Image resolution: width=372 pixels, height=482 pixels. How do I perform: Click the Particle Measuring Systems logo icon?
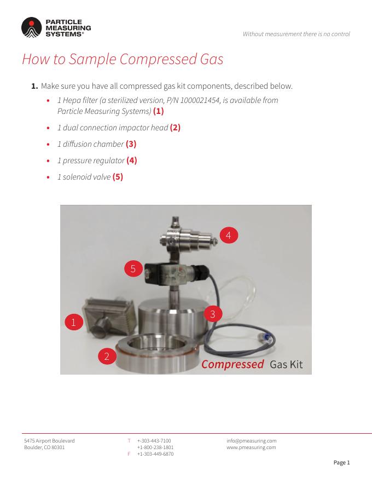[x=31, y=28]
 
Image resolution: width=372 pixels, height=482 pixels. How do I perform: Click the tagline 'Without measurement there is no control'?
[x=296, y=34]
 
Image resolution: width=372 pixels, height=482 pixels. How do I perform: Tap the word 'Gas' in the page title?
[x=212, y=59]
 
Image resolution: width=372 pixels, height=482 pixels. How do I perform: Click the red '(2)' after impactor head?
[x=175, y=128]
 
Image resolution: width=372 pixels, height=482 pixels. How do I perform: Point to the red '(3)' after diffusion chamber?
[x=131, y=144]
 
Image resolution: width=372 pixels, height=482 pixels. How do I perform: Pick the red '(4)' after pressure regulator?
[x=132, y=160]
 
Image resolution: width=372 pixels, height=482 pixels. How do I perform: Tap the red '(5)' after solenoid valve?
[x=118, y=177]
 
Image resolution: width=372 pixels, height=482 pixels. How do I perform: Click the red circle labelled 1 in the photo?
[x=74, y=322]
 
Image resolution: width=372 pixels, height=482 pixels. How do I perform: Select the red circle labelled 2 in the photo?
[x=107, y=356]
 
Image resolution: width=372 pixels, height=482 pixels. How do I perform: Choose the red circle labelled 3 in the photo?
[x=213, y=314]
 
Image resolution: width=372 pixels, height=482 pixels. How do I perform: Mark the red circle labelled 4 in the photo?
[x=228, y=236]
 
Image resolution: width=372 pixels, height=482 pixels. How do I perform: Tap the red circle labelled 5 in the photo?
[x=133, y=269]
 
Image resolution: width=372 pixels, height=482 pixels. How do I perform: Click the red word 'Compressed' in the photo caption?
[x=233, y=364]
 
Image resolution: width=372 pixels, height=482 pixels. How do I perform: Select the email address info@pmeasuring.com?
[x=252, y=441]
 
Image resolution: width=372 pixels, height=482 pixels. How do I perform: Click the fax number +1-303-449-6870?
[x=155, y=454]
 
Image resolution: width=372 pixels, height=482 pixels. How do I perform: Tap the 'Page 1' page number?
[x=341, y=463]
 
